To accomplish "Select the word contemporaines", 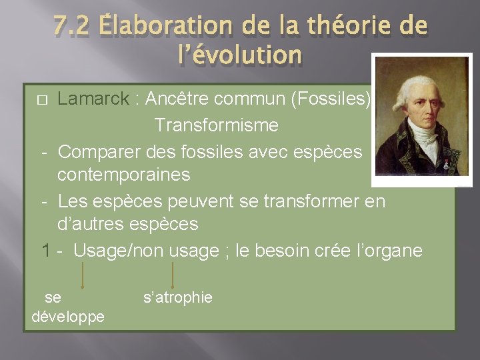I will tap(123, 175).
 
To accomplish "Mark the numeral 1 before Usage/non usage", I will tap(45, 251).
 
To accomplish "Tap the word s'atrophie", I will tap(178, 297).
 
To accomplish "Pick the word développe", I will tap(68, 316).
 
